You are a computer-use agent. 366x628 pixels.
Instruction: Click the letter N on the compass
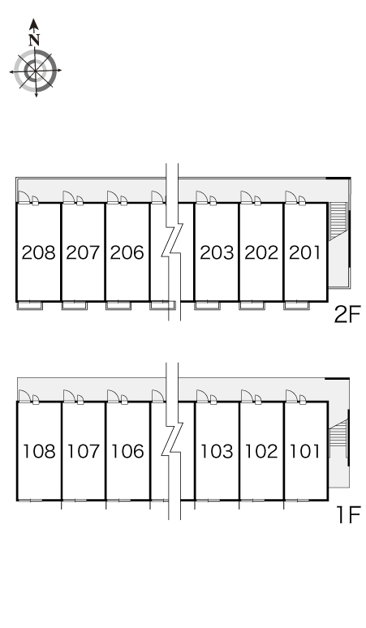[34, 40]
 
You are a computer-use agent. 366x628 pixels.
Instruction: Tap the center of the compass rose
[36, 71]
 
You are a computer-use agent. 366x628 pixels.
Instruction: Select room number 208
[38, 252]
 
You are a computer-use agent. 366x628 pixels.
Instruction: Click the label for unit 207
[83, 252]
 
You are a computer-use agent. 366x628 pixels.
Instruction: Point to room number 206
[127, 252]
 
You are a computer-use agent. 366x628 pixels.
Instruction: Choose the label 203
[217, 252]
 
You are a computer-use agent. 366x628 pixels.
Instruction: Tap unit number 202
[261, 252]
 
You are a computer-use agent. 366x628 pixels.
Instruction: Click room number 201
[305, 252]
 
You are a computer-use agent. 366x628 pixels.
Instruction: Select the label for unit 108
[39, 451]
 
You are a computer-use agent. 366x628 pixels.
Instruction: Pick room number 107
[84, 451]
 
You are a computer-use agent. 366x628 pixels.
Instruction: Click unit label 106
[127, 451]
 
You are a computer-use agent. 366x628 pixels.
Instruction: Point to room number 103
[217, 451]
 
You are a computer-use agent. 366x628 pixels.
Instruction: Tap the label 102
[261, 451]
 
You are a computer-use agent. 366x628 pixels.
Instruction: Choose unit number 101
[305, 451]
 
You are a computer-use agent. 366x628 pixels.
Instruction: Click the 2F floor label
[347, 314]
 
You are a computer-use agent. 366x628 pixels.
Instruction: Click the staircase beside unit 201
[337, 221]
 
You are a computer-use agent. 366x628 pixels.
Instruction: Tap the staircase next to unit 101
[338, 438]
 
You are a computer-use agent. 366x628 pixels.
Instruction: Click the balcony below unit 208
[30, 306]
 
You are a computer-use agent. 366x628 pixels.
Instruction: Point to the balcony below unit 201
[297, 306]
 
